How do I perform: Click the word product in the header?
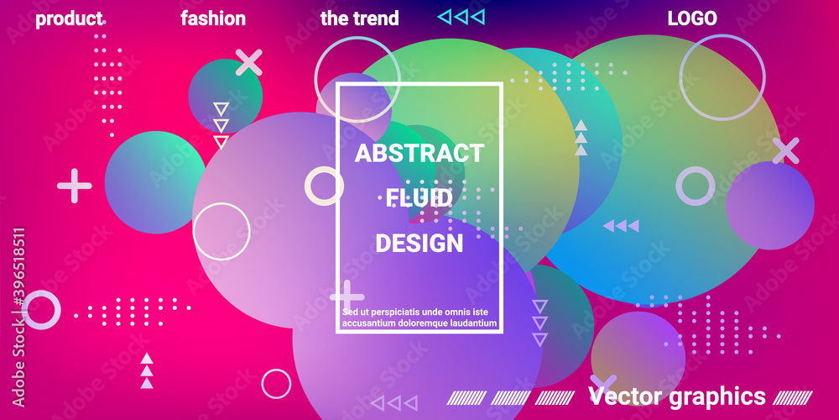[69, 18]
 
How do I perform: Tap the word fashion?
[213, 18]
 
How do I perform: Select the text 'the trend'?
[360, 18]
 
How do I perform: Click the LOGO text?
[692, 18]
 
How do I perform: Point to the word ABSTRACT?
[419, 153]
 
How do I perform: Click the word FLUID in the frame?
[419, 198]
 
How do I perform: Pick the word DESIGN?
[419, 244]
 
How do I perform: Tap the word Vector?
[626, 396]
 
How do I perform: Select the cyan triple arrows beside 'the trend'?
[461, 17]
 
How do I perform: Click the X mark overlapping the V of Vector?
[604, 384]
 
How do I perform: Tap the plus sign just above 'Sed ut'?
[347, 297]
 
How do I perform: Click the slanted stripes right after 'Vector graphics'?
[793, 397]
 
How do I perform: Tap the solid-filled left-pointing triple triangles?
[621, 226]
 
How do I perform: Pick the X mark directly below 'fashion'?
[249, 63]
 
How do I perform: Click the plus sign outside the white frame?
[75, 186]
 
